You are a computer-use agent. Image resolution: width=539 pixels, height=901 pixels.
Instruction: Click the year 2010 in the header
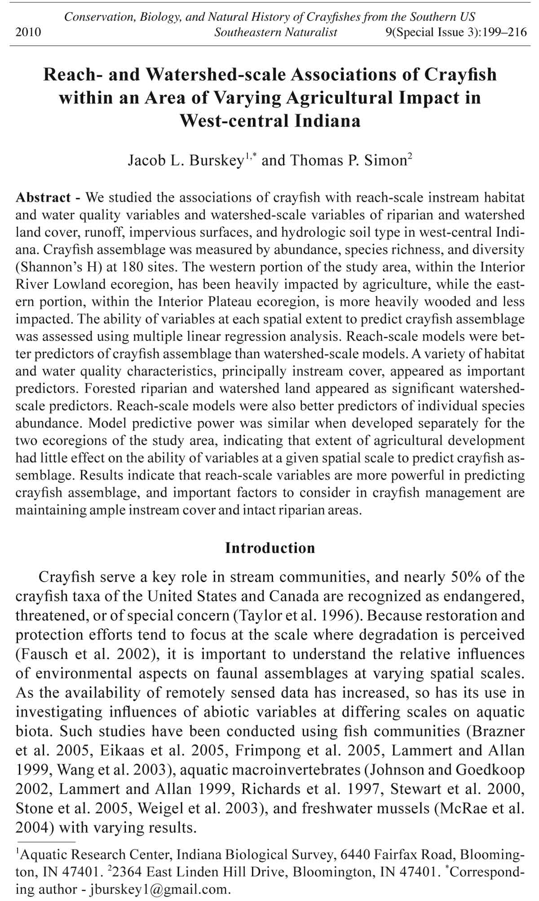pos(28,32)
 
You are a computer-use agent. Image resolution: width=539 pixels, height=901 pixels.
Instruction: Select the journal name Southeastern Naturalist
pos(276,32)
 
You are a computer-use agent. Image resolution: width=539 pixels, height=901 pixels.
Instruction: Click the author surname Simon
pos(385,160)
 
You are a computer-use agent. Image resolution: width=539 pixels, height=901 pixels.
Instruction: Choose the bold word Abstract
pos(43,198)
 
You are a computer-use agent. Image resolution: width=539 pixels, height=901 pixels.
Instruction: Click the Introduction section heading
pos(270,548)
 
